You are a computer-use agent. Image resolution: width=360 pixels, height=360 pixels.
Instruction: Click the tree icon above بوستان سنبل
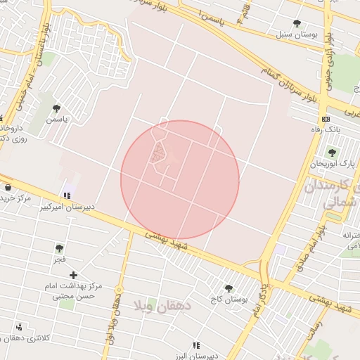[296, 23]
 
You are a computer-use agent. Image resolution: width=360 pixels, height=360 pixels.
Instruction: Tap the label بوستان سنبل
[296, 34]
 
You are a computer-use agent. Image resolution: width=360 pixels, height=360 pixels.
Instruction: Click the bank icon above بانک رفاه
[324, 119]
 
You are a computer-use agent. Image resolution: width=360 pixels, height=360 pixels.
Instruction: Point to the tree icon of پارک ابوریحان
[332, 153]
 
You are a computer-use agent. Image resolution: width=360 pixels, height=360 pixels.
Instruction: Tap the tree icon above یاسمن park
[56, 109]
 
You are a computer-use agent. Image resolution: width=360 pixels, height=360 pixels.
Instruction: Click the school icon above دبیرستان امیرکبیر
[67, 195]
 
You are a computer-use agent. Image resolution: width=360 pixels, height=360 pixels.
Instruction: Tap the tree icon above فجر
[59, 248]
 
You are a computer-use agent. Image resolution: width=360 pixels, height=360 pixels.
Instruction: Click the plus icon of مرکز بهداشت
[72, 274]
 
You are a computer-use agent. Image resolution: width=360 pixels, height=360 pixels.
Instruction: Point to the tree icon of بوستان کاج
[228, 288]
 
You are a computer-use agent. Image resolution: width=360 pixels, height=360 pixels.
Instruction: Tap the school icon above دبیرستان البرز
[196, 345]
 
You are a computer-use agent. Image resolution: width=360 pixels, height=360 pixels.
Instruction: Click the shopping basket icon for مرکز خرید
[8, 188]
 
